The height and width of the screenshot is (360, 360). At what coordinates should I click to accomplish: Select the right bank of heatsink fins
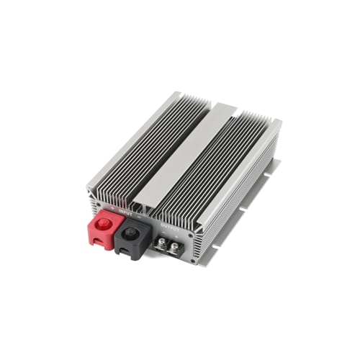[x=220, y=176]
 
